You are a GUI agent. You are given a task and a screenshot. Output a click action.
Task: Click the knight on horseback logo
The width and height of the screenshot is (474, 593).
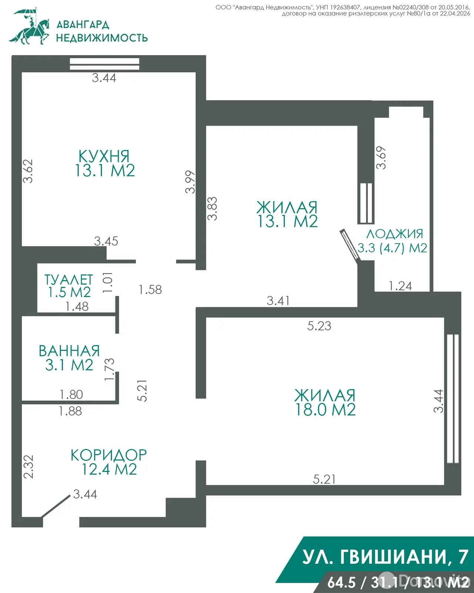[x=29, y=27]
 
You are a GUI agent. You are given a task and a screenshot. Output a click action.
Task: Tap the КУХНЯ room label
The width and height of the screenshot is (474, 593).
[x=104, y=156]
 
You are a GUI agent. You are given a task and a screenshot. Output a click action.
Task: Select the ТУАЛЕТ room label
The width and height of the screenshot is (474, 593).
[x=69, y=280]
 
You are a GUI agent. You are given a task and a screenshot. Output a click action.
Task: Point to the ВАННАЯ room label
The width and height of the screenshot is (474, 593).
[x=69, y=351]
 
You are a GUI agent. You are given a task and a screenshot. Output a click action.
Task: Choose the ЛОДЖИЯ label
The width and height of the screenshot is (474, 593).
[x=394, y=234]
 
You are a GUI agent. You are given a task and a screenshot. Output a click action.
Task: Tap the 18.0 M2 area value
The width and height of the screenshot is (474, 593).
[x=325, y=410]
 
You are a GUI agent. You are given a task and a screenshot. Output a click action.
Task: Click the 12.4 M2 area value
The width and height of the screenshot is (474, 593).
[x=109, y=469]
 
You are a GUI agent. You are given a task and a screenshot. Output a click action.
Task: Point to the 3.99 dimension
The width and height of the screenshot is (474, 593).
[x=190, y=182]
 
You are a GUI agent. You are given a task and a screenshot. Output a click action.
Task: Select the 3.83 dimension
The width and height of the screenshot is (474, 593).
[x=212, y=209]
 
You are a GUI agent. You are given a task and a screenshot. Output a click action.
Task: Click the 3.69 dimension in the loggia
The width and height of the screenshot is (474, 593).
[x=381, y=158]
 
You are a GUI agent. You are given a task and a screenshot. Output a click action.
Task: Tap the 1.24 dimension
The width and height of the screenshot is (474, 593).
[x=400, y=286]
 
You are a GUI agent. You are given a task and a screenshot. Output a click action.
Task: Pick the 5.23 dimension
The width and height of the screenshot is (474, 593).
[x=319, y=326]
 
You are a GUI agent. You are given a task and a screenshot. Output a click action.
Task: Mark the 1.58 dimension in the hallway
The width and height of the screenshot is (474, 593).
[x=150, y=289]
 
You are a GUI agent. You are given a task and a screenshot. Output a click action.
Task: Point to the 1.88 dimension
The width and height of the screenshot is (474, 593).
[x=70, y=411]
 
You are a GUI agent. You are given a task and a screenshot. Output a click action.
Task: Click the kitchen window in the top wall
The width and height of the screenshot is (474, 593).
[x=104, y=64]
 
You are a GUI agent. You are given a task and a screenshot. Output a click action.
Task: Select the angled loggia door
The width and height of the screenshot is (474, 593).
[x=350, y=245]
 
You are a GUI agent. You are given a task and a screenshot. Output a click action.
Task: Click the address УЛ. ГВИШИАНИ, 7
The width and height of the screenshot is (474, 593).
[x=385, y=557]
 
